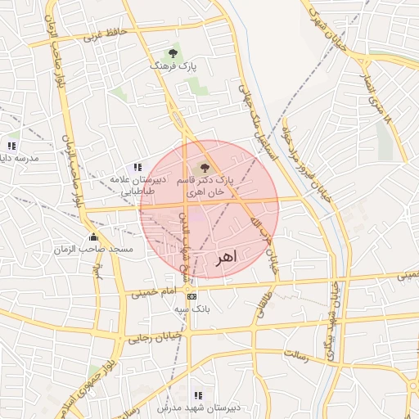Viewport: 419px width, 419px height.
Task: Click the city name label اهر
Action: [226, 259]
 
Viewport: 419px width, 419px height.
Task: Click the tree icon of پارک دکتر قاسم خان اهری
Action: [205, 167]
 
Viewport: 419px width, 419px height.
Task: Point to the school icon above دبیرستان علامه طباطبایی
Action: [137, 167]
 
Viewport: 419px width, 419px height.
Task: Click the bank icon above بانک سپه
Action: [191, 297]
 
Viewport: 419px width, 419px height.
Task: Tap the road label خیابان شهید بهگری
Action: [333, 312]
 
